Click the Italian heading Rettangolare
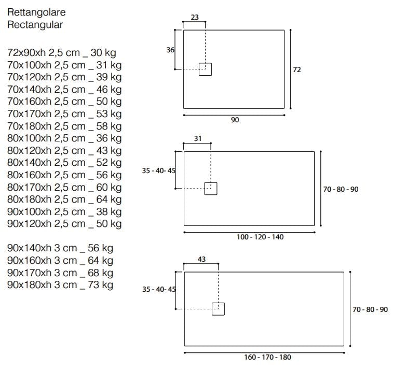point(36,12)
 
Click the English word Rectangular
point(35,24)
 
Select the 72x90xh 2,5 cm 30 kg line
point(62,53)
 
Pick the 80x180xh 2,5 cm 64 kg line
point(65,199)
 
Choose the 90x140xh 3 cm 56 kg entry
point(60,248)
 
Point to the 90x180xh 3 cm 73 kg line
point(60,285)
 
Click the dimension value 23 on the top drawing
point(195,17)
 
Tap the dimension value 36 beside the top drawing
point(170,50)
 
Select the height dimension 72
point(297,69)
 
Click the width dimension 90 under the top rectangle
point(235,120)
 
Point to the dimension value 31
point(198,139)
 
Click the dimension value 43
point(201,259)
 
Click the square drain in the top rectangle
point(206,69)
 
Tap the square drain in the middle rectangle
point(211,189)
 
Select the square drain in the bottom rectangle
point(219,309)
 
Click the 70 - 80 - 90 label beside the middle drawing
point(341,190)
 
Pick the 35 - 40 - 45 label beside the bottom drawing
point(159,290)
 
